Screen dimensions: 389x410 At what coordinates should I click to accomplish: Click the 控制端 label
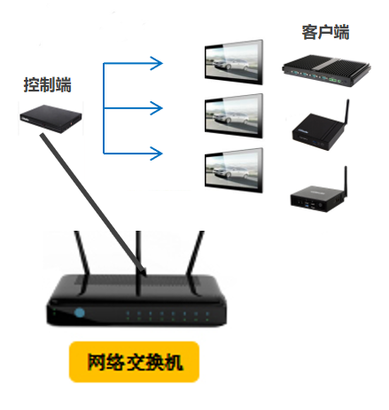pyautogui.click(x=48, y=85)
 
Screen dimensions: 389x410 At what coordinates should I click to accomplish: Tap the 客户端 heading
pyautogui.click(x=325, y=32)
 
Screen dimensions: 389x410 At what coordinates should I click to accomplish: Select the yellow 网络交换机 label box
pyautogui.click(x=134, y=361)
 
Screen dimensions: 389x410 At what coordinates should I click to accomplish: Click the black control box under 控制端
pyautogui.click(x=51, y=118)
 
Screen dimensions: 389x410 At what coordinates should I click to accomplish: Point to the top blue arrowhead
pyautogui.click(x=157, y=63)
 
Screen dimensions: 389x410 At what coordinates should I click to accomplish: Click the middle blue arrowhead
pyautogui.click(x=157, y=108)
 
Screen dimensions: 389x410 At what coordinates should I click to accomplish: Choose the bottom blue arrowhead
pyautogui.click(x=157, y=154)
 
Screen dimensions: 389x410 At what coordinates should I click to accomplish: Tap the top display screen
pyautogui.click(x=234, y=62)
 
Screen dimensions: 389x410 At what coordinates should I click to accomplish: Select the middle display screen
pyautogui.click(x=234, y=116)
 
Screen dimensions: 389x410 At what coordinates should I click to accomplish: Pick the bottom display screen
pyautogui.click(x=234, y=170)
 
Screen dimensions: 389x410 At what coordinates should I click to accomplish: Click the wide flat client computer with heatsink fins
pyautogui.click(x=326, y=70)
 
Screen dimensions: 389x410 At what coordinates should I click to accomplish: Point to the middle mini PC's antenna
pyautogui.click(x=346, y=113)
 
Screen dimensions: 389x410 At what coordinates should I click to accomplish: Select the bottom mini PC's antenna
pyautogui.click(x=345, y=180)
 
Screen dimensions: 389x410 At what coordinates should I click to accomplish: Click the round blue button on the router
pyautogui.click(x=80, y=312)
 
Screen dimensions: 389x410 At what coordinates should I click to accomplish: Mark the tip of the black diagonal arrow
pyautogui.click(x=146, y=275)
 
